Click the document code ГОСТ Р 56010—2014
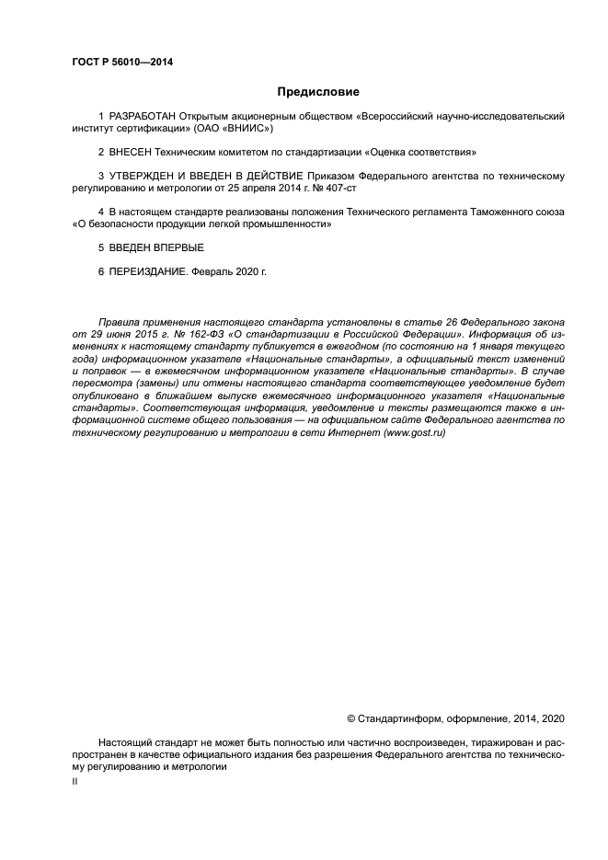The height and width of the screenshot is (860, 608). [122, 63]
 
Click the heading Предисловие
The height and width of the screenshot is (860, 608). [318, 92]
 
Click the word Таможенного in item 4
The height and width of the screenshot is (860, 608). [492, 212]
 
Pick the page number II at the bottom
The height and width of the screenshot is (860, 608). [75, 780]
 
